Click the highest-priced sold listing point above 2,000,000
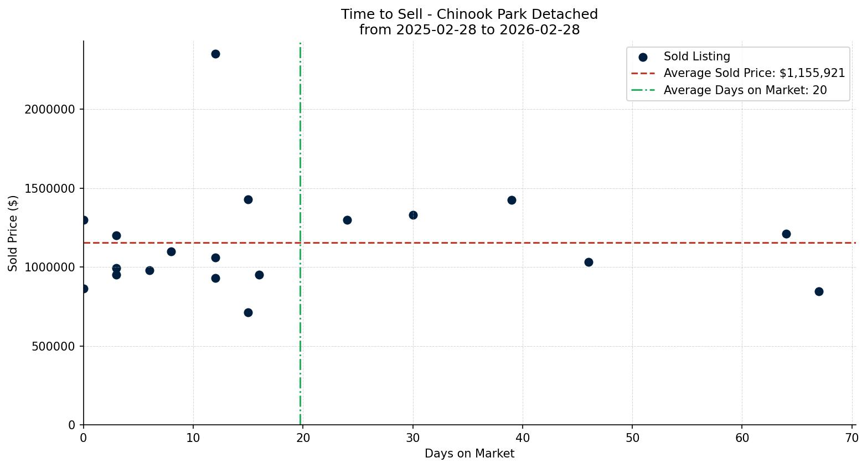point(215,54)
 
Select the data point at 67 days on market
point(819,291)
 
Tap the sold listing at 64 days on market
point(786,234)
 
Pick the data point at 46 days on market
point(589,262)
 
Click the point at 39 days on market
point(512,200)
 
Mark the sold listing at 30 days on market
point(413,215)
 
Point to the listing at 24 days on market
point(347,220)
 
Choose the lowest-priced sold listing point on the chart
point(248,312)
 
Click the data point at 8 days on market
point(171,251)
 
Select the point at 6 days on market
point(149,270)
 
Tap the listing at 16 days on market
point(259,275)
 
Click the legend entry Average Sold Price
point(754,73)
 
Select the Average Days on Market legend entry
point(745,90)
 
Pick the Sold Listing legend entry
point(696,56)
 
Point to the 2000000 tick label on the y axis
point(50,110)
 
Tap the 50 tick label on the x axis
point(632,438)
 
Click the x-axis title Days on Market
point(469,454)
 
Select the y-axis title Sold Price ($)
point(13,233)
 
